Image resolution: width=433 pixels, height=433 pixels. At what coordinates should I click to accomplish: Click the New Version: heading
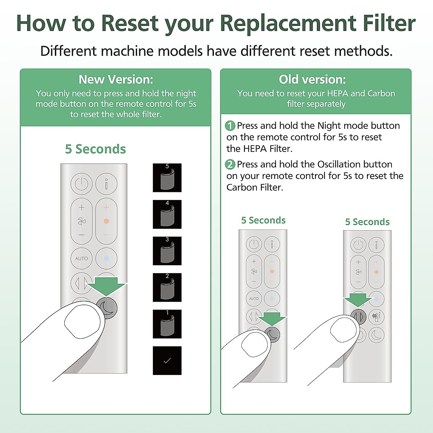(x=115, y=79)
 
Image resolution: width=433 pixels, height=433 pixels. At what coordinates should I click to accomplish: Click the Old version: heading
(x=312, y=79)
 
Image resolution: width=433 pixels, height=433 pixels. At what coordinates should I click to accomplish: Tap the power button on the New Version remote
(x=82, y=184)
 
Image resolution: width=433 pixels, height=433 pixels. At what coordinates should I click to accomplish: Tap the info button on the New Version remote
(x=106, y=184)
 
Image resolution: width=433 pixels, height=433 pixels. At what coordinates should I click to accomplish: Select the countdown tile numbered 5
(x=167, y=178)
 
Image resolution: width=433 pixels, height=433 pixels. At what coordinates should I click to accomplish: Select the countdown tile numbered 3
(x=167, y=251)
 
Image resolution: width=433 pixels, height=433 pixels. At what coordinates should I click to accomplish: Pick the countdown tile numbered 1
(x=167, y=324)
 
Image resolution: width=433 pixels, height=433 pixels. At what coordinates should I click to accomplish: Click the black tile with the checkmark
(x=167, y=360)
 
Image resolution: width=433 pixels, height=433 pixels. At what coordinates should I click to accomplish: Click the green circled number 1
(x=230, y=126)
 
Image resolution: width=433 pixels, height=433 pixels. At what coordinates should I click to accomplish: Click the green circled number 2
(x=230, y=165)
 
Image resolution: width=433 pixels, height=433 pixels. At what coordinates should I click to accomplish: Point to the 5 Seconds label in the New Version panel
(x=95, y=149)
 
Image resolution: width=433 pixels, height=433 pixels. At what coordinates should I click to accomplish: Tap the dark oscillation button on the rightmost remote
(x=358, y=317)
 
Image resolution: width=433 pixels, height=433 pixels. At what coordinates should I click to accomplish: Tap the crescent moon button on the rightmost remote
(x=376, y=335)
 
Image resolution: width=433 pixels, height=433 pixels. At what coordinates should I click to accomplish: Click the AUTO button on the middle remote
(x=254, y=298)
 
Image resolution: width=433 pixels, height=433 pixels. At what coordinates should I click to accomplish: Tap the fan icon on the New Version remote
(x=82, y=221)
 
